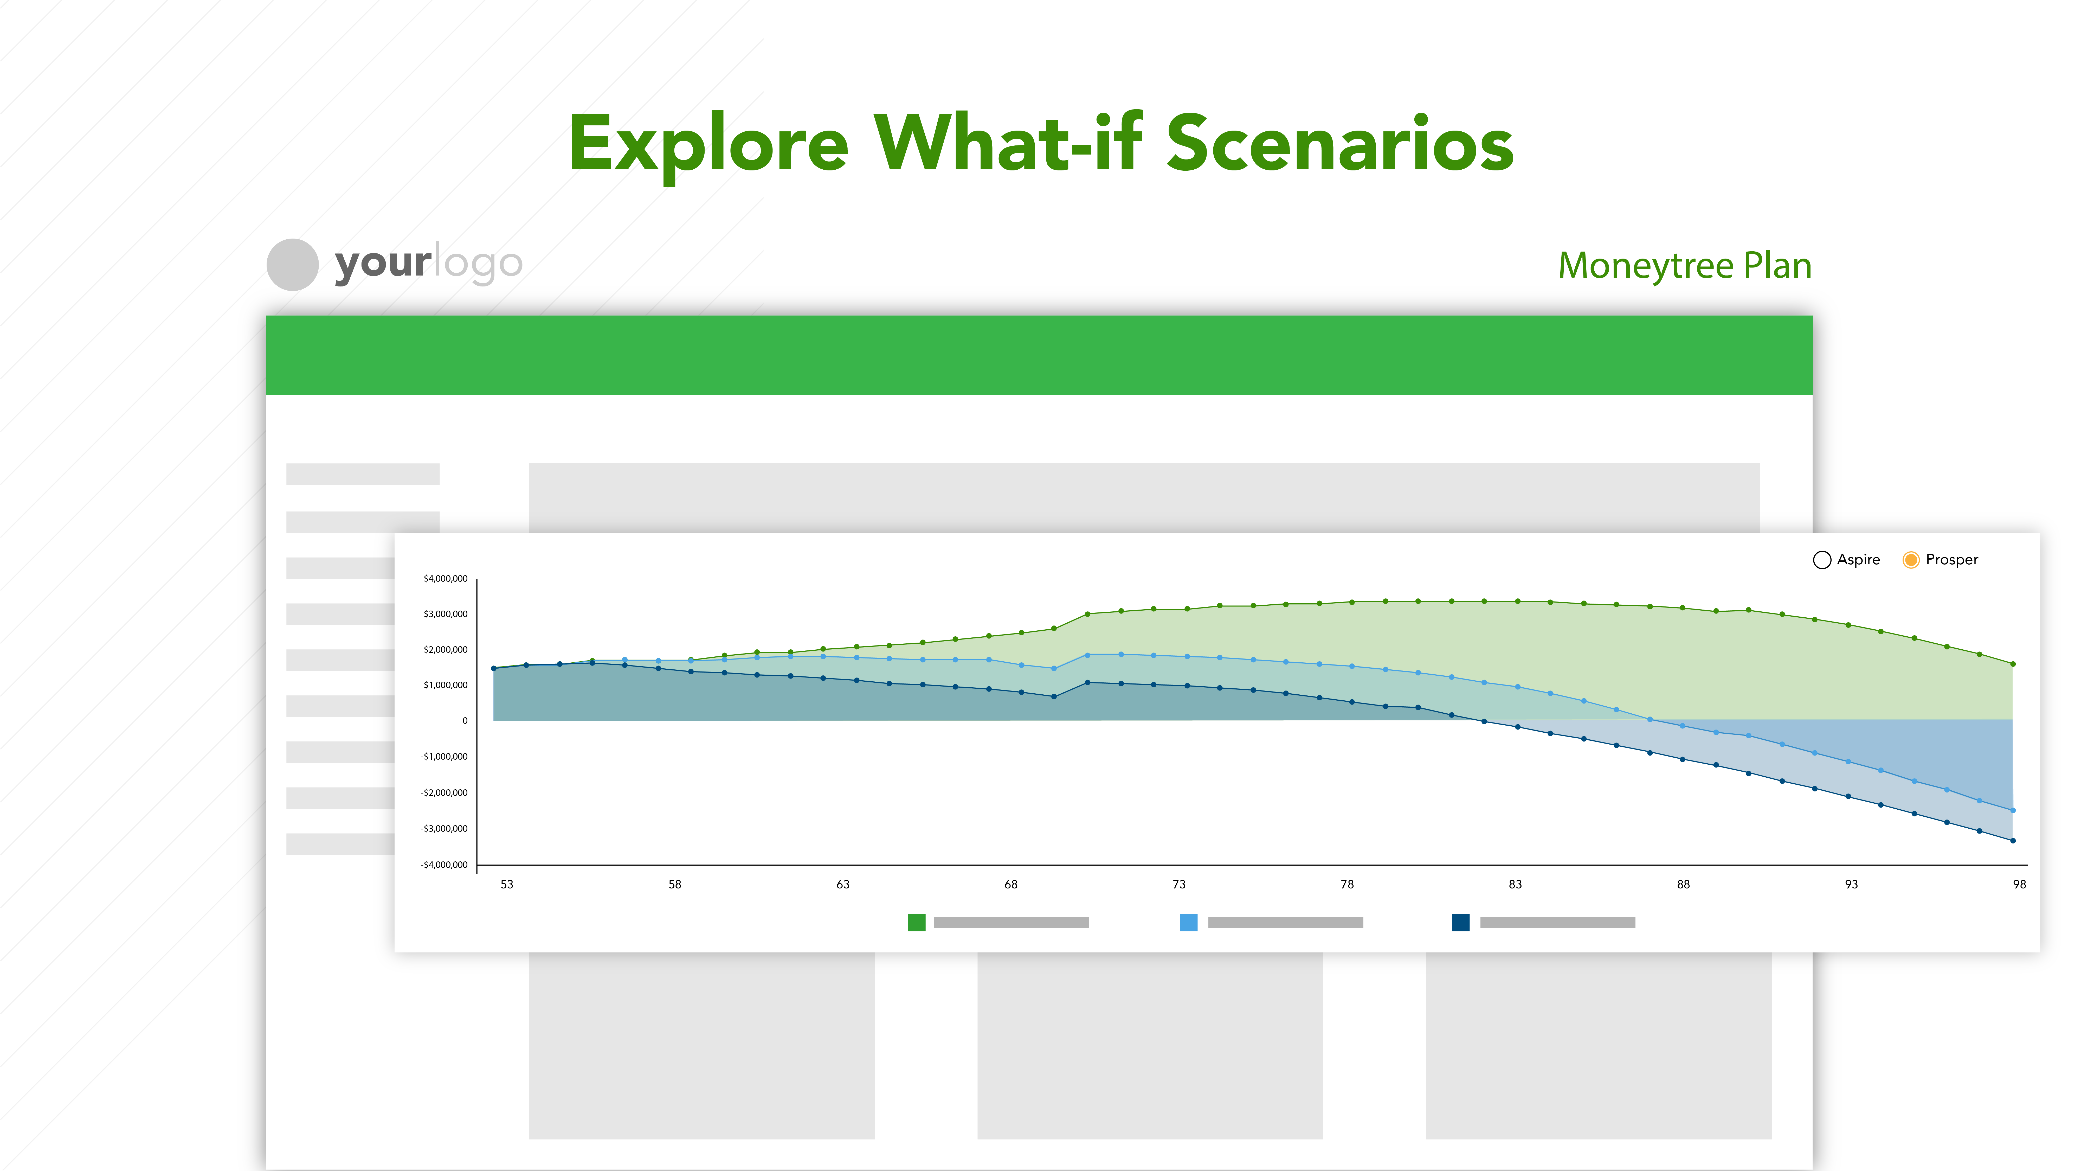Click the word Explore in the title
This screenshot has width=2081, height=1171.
pyautogui.click(x=708, y=145)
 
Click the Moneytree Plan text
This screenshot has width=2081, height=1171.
pyautogui.click(x=1684, y=266)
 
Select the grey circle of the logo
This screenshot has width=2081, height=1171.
pyautogui.click(x=292, y=264)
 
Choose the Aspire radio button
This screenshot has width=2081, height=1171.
pyautogui.click(x=1822, y=560)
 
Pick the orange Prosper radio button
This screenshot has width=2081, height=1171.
pyautogui.click(x=1911, y=560)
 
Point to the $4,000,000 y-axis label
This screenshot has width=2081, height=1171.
pyautogui.click(x=445, y=579)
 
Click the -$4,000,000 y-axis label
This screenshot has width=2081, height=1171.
pyautogui.click(x=443, y=865)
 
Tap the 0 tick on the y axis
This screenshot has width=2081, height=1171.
pyautogui.click(x=465, y=721)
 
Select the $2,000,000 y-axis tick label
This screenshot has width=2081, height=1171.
pyautogui.click(x=445, y=650)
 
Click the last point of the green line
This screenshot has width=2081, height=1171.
pyautogui.click(x=2012, y=664)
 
